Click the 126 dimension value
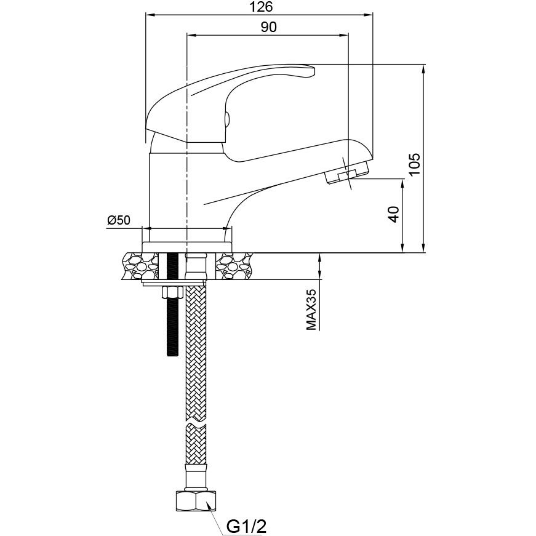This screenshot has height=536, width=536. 261,7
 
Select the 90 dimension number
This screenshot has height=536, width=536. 269,27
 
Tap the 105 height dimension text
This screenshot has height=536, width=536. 414,164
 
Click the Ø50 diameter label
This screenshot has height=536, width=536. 119,220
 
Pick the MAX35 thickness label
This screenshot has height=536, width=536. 311,310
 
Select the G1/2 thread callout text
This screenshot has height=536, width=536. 247,526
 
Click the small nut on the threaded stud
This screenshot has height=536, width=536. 172,292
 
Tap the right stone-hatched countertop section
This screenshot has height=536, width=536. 234,266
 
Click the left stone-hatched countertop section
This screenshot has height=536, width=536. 140,266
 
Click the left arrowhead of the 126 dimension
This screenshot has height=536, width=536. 150,15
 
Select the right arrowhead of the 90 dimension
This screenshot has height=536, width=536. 344,34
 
